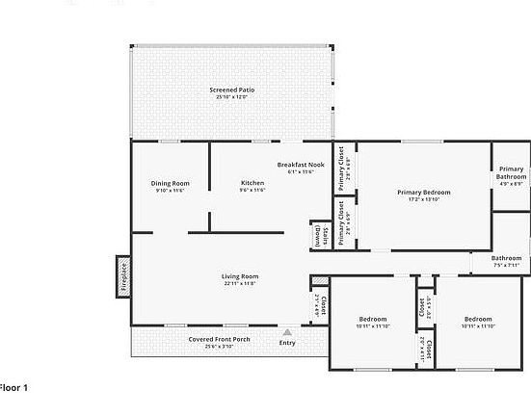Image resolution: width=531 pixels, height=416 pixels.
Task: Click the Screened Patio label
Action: [231, 90]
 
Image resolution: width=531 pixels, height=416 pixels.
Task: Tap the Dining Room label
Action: [170, 183]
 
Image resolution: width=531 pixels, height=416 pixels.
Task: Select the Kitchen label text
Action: [252, 183]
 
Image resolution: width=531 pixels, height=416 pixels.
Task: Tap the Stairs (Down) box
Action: [319, 235]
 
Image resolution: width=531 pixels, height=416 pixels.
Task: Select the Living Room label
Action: [240, 276]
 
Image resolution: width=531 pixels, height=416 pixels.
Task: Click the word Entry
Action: [287, 343]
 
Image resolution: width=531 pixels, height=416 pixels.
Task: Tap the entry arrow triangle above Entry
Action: [287, 331]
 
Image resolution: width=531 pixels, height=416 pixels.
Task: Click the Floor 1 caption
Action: [14, 387]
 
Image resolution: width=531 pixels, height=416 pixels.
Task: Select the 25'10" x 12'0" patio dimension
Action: [231, 97]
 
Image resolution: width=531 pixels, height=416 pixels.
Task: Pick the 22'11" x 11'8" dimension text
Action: [240, 284]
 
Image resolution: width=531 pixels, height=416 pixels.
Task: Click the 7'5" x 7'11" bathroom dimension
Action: [506, 265]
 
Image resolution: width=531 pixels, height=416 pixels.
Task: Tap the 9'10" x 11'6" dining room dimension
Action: [170, 191]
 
